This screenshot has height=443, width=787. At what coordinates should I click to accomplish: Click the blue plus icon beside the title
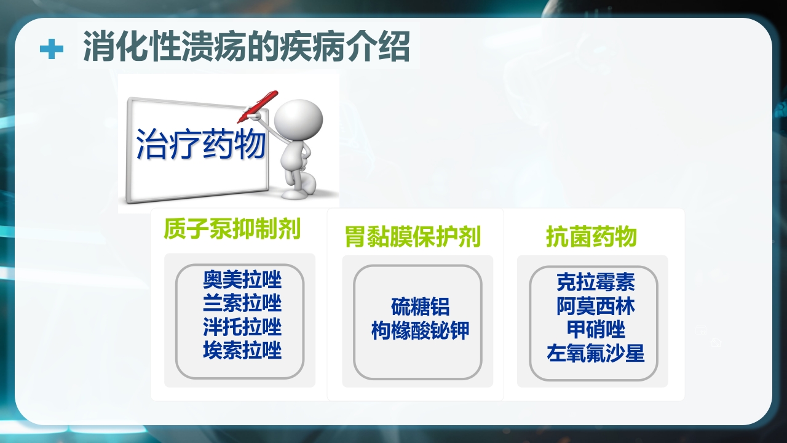(x=52, y=49)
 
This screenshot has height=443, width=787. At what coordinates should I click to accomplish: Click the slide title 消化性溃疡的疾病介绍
(x=246, y=47)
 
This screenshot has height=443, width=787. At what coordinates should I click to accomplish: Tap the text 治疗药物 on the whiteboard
(x=200, y=145)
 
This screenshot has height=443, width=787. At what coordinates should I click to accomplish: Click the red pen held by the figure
(x=258, y=106)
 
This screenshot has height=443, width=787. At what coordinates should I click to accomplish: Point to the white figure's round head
(x=298, y=119)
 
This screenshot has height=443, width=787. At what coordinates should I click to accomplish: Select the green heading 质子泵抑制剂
(x=232, y=229)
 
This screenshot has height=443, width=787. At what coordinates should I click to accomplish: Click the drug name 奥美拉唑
(x=242, y=280)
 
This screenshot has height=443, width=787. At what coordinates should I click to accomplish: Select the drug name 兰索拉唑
(x=242, y=303)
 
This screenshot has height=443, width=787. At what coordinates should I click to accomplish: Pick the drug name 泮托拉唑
(x=242, y=327)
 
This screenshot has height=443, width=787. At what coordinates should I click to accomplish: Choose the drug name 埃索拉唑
(x=242, y=351)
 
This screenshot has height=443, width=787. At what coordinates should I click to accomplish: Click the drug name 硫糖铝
(x=420, y=306)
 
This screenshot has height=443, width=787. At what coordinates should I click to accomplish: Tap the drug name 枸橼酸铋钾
(x=420, y=330)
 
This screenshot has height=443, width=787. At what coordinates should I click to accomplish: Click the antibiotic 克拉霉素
(x=595, y=282)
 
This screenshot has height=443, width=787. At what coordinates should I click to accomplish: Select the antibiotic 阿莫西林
(x=595, y=306)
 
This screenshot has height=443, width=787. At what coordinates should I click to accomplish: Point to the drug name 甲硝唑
(x=595, y=330)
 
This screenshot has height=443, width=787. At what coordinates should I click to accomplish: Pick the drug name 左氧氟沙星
(x=595, y=354)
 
